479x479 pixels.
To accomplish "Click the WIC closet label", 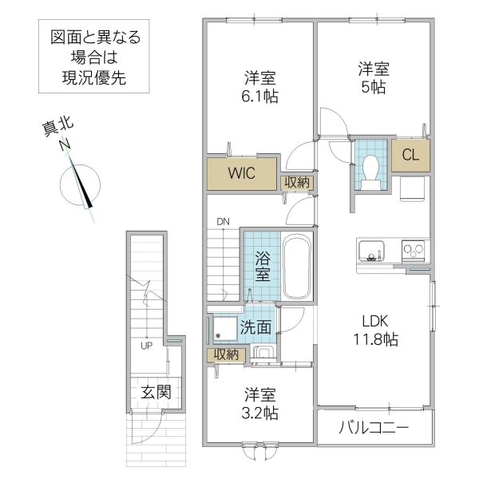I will tap(242, 174).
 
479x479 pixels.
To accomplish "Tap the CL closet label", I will tap(410, 155).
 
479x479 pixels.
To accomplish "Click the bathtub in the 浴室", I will tap(299, 267).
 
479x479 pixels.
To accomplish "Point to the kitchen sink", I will tap(371, 251).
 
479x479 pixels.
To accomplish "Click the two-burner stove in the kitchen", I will tap(414, 251).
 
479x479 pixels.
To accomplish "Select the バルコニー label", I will tap(374, 429).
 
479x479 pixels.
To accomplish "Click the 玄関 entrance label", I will tap(156, 392).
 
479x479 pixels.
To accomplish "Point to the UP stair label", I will tap(146, 346).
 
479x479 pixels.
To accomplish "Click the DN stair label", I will tap(222, 221).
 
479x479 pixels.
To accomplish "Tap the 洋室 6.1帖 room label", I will tap(260, 86).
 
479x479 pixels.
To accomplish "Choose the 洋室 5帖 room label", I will tap(372, 77).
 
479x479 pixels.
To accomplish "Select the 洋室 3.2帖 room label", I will tap(259, 403).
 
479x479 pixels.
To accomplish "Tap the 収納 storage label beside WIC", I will tap(297, 183).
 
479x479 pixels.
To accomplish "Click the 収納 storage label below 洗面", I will tap(225, 354).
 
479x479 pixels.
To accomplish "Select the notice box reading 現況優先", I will tap(94, 57).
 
